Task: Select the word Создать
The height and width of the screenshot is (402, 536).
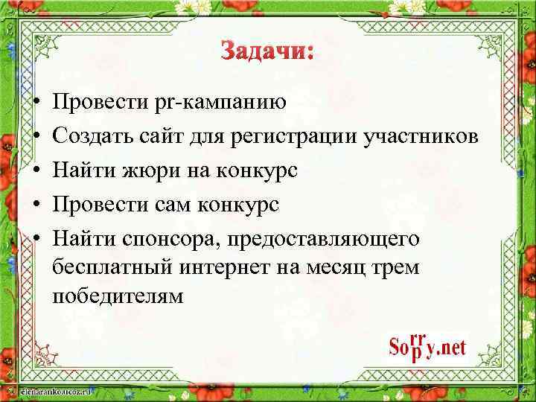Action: (x=89, y=136)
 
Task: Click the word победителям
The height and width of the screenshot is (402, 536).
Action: (x=118, y=296)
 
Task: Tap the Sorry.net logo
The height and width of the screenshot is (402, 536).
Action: (x=427, y=347)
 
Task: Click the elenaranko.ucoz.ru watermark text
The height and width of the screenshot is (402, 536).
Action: (x=46, y=389)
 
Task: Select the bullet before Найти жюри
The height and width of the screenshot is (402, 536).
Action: (x=36, y=171)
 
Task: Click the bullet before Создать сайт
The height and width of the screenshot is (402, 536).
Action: (x=36, y=137)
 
